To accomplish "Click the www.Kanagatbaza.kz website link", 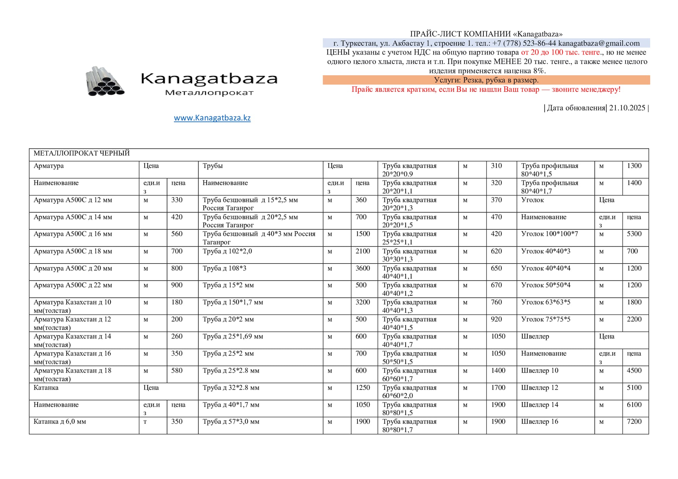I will (212, 118).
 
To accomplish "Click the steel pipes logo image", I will (105, 81).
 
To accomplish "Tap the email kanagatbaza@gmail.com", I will (599, 43).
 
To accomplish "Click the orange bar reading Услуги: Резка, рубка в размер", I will (486, 80).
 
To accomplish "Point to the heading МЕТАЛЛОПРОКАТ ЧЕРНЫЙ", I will (82, 153).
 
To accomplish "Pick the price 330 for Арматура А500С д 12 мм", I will (177, 200).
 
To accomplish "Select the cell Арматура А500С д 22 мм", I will (73, 285).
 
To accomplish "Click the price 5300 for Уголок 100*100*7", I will (634, 234).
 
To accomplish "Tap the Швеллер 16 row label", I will (539, 421).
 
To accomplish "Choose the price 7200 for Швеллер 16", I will (634, 421).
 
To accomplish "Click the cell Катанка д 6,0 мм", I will (60, 421).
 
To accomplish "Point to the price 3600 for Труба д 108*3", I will (362, 268).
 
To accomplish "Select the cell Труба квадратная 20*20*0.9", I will (409, 170).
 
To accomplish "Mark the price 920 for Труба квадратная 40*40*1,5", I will (496, 319).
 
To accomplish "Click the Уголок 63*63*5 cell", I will (545, 302).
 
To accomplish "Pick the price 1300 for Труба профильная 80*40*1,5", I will (634, 166).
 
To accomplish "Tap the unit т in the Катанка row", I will (145, 422).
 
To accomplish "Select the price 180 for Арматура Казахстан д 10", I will (177, 302).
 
